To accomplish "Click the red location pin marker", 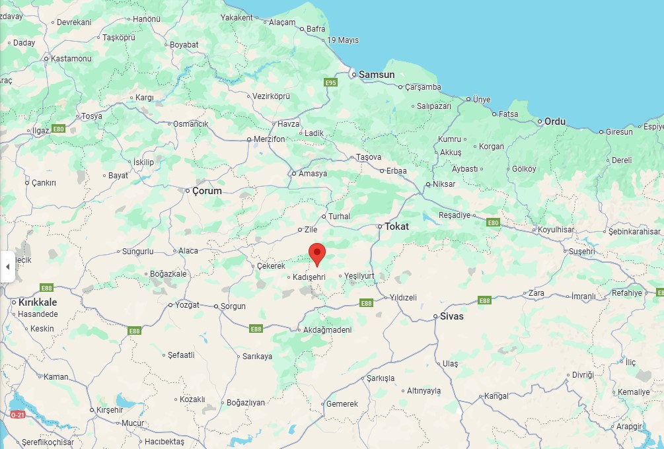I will pos(318,254).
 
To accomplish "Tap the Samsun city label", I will pos(377,75).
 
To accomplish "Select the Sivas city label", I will pos(453,316).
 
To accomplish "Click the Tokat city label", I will pos(396,226).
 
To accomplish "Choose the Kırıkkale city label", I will pos(38,302).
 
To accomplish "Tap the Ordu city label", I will pos(555,121).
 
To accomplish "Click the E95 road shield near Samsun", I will pos(331,83).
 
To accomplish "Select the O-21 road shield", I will pos(18,414).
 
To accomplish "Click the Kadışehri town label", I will pos(310,277).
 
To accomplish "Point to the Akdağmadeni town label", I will pos(327,330).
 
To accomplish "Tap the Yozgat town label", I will pos(188,306).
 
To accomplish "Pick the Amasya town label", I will pos(313,174).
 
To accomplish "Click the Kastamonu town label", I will pos(71,58).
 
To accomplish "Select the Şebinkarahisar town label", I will pos(634,231).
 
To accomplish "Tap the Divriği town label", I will pos(583,374).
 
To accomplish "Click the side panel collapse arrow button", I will pos(7,267).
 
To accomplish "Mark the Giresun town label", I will pos(620,131).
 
